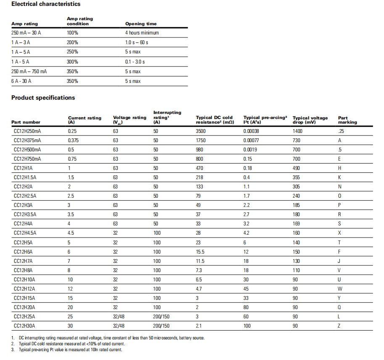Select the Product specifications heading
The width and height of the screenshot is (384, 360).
[x=43, y=98]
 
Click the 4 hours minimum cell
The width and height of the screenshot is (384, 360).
[x=142, y=33]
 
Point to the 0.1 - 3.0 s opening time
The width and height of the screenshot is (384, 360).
[x=135, y=62]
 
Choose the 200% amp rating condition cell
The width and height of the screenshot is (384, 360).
[x=72, y=42]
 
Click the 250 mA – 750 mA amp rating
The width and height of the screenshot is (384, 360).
[x=29, y=71]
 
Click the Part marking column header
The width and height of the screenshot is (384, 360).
[x=347, y=120]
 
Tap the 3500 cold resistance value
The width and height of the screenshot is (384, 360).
[x=201, y=131]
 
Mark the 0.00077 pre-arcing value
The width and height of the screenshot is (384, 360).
[x=252, y=140]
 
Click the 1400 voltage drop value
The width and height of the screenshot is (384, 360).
[x=297, y=131]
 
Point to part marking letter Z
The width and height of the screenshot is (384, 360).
[x=339, y=326]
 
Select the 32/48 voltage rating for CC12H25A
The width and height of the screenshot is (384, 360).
[x=118, y=317]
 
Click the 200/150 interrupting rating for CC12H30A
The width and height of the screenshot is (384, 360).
[x=161, y=326]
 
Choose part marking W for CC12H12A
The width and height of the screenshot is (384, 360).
[x=340, y=289]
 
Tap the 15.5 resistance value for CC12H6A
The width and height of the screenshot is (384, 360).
[x=200, y=252]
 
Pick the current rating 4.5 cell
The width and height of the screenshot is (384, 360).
[x=71, y=233]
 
